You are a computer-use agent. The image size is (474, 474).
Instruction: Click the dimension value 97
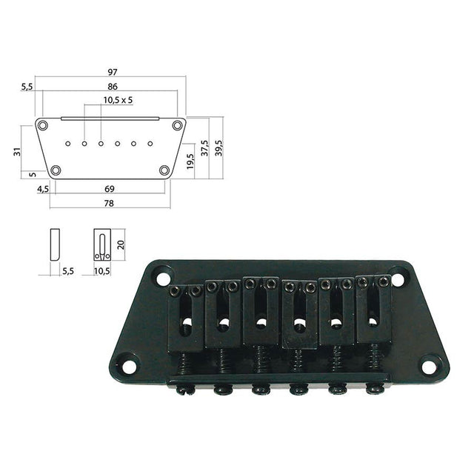pos(113,72)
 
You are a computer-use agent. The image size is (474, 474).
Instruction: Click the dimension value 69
pos(109,190)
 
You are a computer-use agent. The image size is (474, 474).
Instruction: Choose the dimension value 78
pos(109,203)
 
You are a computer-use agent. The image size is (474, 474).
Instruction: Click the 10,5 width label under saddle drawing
pos(101,272)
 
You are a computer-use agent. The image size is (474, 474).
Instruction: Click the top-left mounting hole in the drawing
pos(44,124)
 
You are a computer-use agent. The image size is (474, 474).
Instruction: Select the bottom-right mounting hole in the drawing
pos(164,171)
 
